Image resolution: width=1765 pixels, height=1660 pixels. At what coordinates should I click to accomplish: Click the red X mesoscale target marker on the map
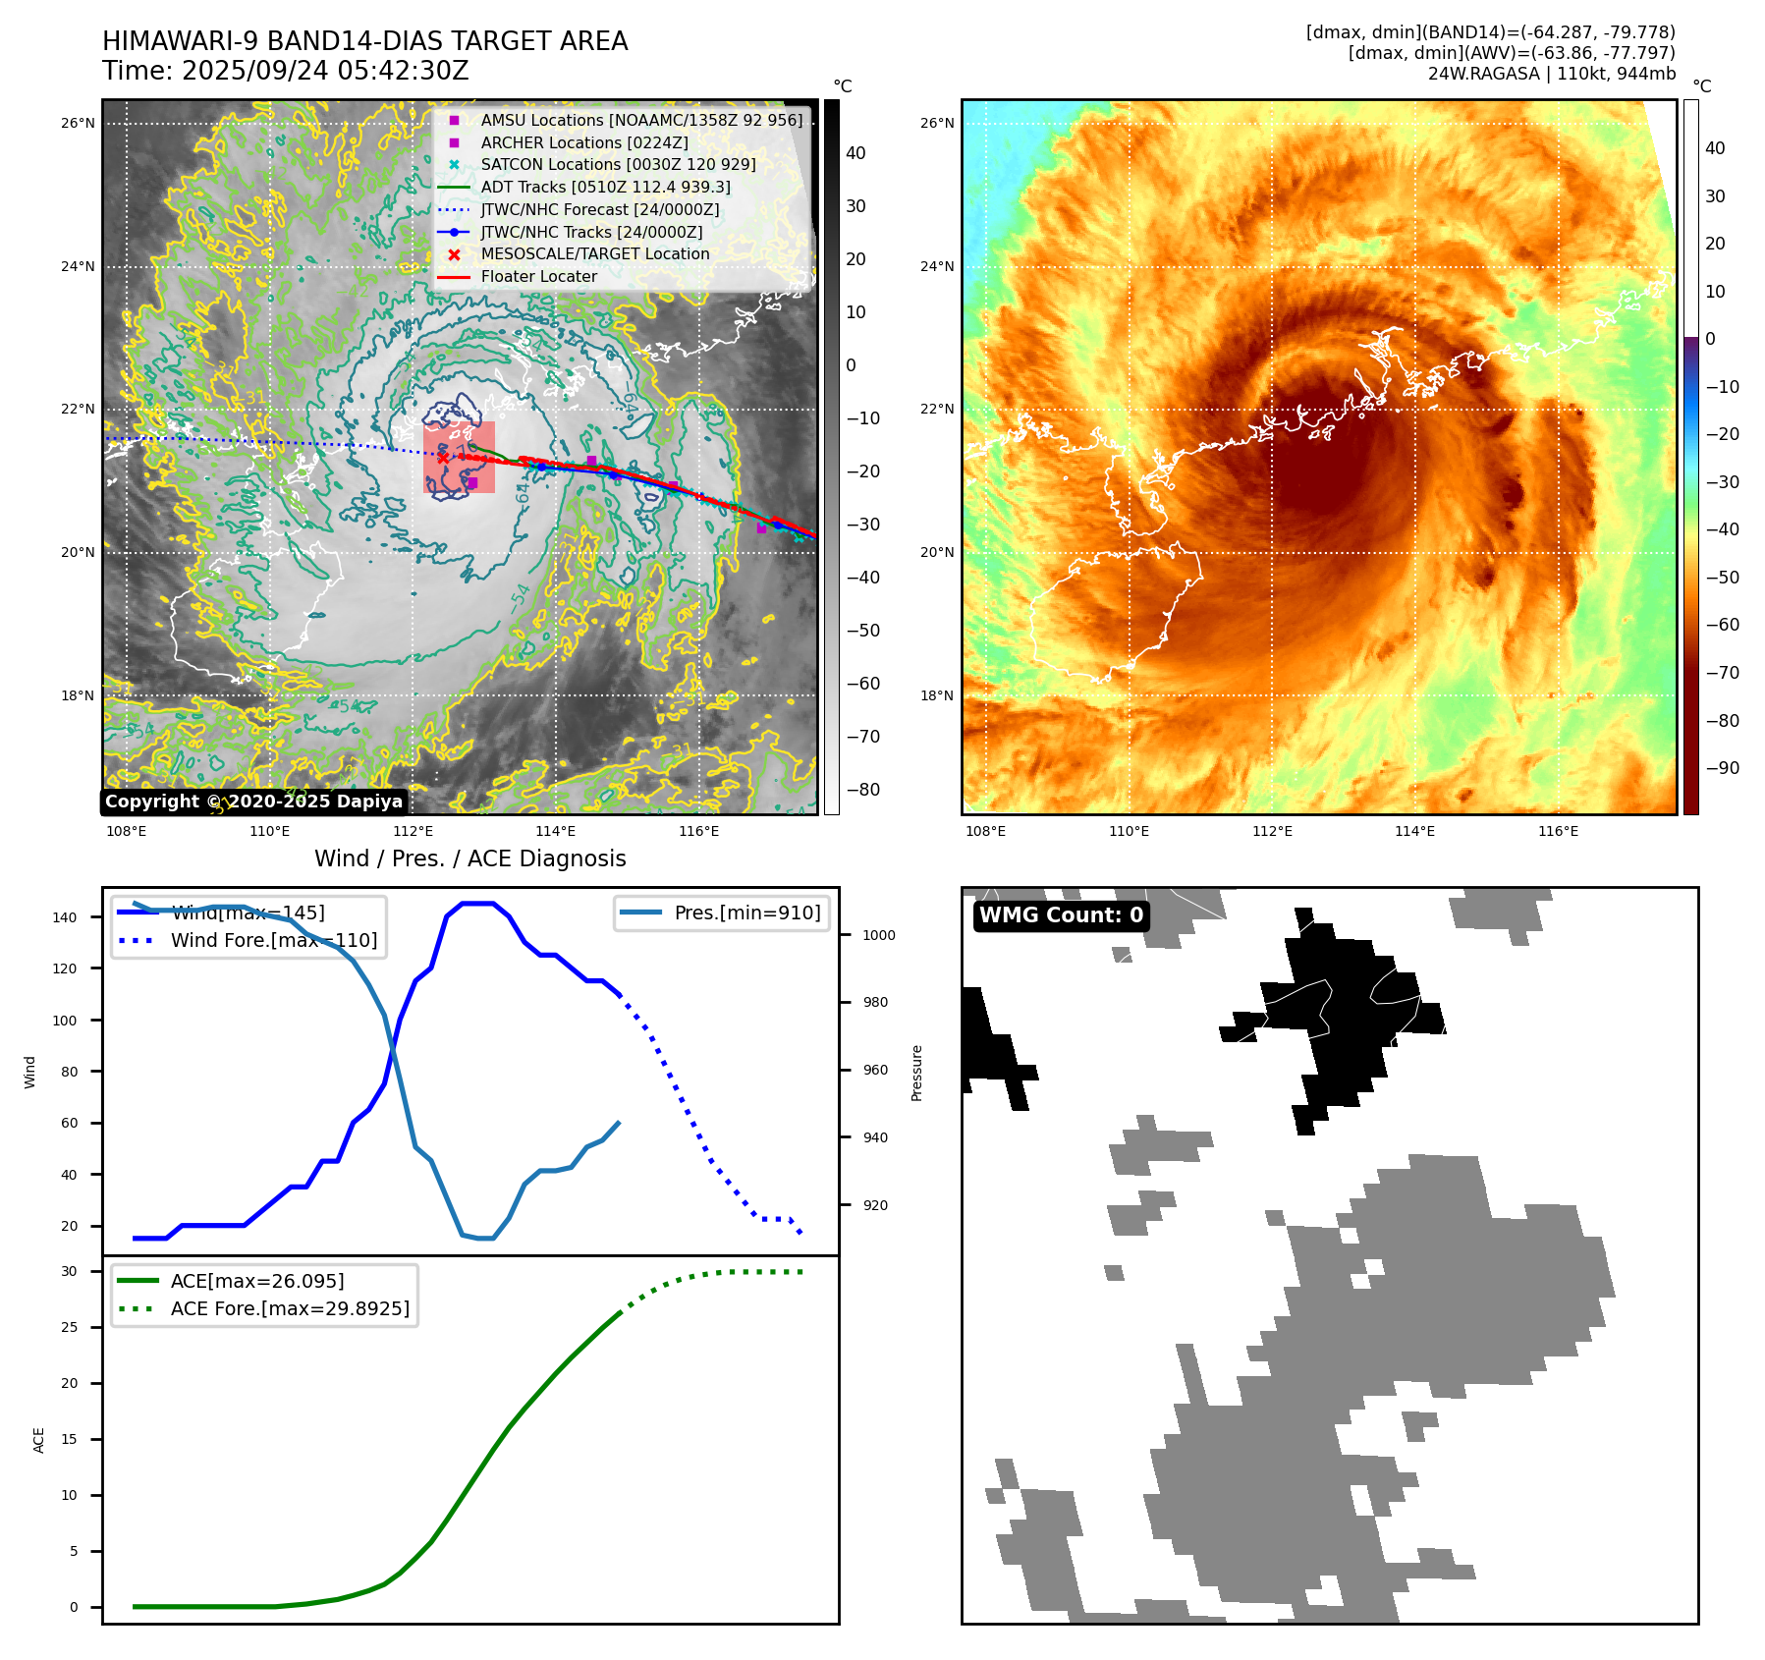[x=443, y=458]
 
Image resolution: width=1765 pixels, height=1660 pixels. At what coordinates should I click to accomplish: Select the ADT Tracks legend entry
[x=605, y=187]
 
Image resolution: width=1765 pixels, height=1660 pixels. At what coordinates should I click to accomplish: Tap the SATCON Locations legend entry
[x=618, y=164]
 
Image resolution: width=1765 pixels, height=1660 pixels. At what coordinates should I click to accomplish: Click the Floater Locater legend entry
[x=538, y=276]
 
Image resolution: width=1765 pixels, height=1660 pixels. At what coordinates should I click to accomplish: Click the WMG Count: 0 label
[x=1061, y=915]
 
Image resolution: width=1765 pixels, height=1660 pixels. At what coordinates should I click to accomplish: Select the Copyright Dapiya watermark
[x=253, y=802]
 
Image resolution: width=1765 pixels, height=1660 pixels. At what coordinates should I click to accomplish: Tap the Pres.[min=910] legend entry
[x=746, y=913]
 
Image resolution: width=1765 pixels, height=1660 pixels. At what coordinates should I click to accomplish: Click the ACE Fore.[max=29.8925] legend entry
[x=290, y=1308]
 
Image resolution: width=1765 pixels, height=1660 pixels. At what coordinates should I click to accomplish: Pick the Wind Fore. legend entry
[x=273, y=940]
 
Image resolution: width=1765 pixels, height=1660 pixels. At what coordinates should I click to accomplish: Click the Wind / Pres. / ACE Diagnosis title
[x=469, y=858]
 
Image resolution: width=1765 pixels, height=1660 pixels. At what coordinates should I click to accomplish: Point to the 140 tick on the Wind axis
[x=65, y=917]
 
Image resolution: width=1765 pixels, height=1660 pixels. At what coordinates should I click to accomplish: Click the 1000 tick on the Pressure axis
[x=878, y=935]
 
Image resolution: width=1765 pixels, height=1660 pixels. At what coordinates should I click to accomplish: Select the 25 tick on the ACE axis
[x=69, y=1327]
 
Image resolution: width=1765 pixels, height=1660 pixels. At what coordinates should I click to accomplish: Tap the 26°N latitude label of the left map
[x=78, y=123]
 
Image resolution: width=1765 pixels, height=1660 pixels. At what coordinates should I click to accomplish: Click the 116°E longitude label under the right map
[x=1558, y=831]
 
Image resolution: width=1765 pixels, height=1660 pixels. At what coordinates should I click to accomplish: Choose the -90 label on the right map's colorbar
[x=1722, y=768]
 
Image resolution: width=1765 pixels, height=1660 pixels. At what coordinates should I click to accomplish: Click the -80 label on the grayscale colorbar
[x=862, y=789]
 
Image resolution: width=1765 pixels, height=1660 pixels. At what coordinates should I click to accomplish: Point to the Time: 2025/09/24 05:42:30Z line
[x=285, y=71]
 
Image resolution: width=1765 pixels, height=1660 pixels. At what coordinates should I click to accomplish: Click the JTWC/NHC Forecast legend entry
[x=599, y=209]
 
